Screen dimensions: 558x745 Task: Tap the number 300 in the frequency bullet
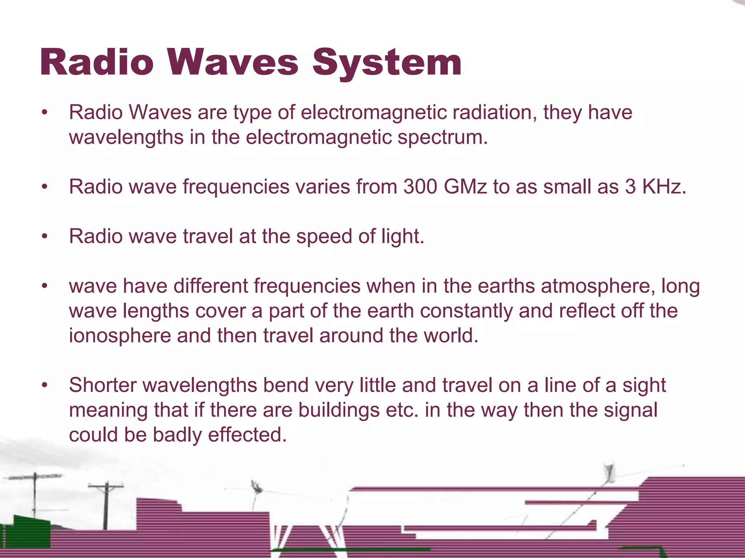click(420, 187)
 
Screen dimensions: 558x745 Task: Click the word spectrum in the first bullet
click(442, 137)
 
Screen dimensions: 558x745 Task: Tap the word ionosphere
click(120, 336)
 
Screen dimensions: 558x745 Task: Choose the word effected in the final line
click(247, 435)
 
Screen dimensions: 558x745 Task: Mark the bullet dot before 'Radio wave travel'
click(44, 237)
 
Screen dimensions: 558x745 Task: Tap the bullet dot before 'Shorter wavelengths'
click(44, 385)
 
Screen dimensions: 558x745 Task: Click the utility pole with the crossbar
click(106, 505)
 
